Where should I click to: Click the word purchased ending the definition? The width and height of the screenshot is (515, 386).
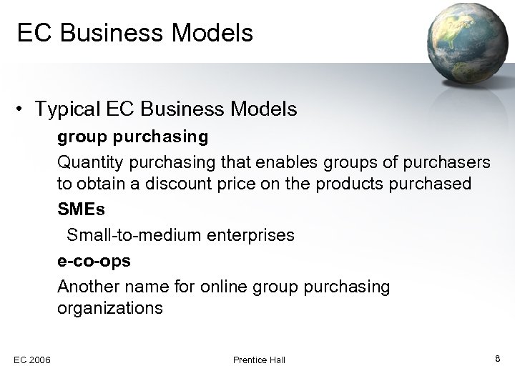[x=436, y=184]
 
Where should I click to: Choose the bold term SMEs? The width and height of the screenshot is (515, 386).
[x=79, y=209]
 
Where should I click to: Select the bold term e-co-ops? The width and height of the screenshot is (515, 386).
[x=94, y=260]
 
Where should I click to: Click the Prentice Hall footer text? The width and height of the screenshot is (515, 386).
[x=259, y=360]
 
